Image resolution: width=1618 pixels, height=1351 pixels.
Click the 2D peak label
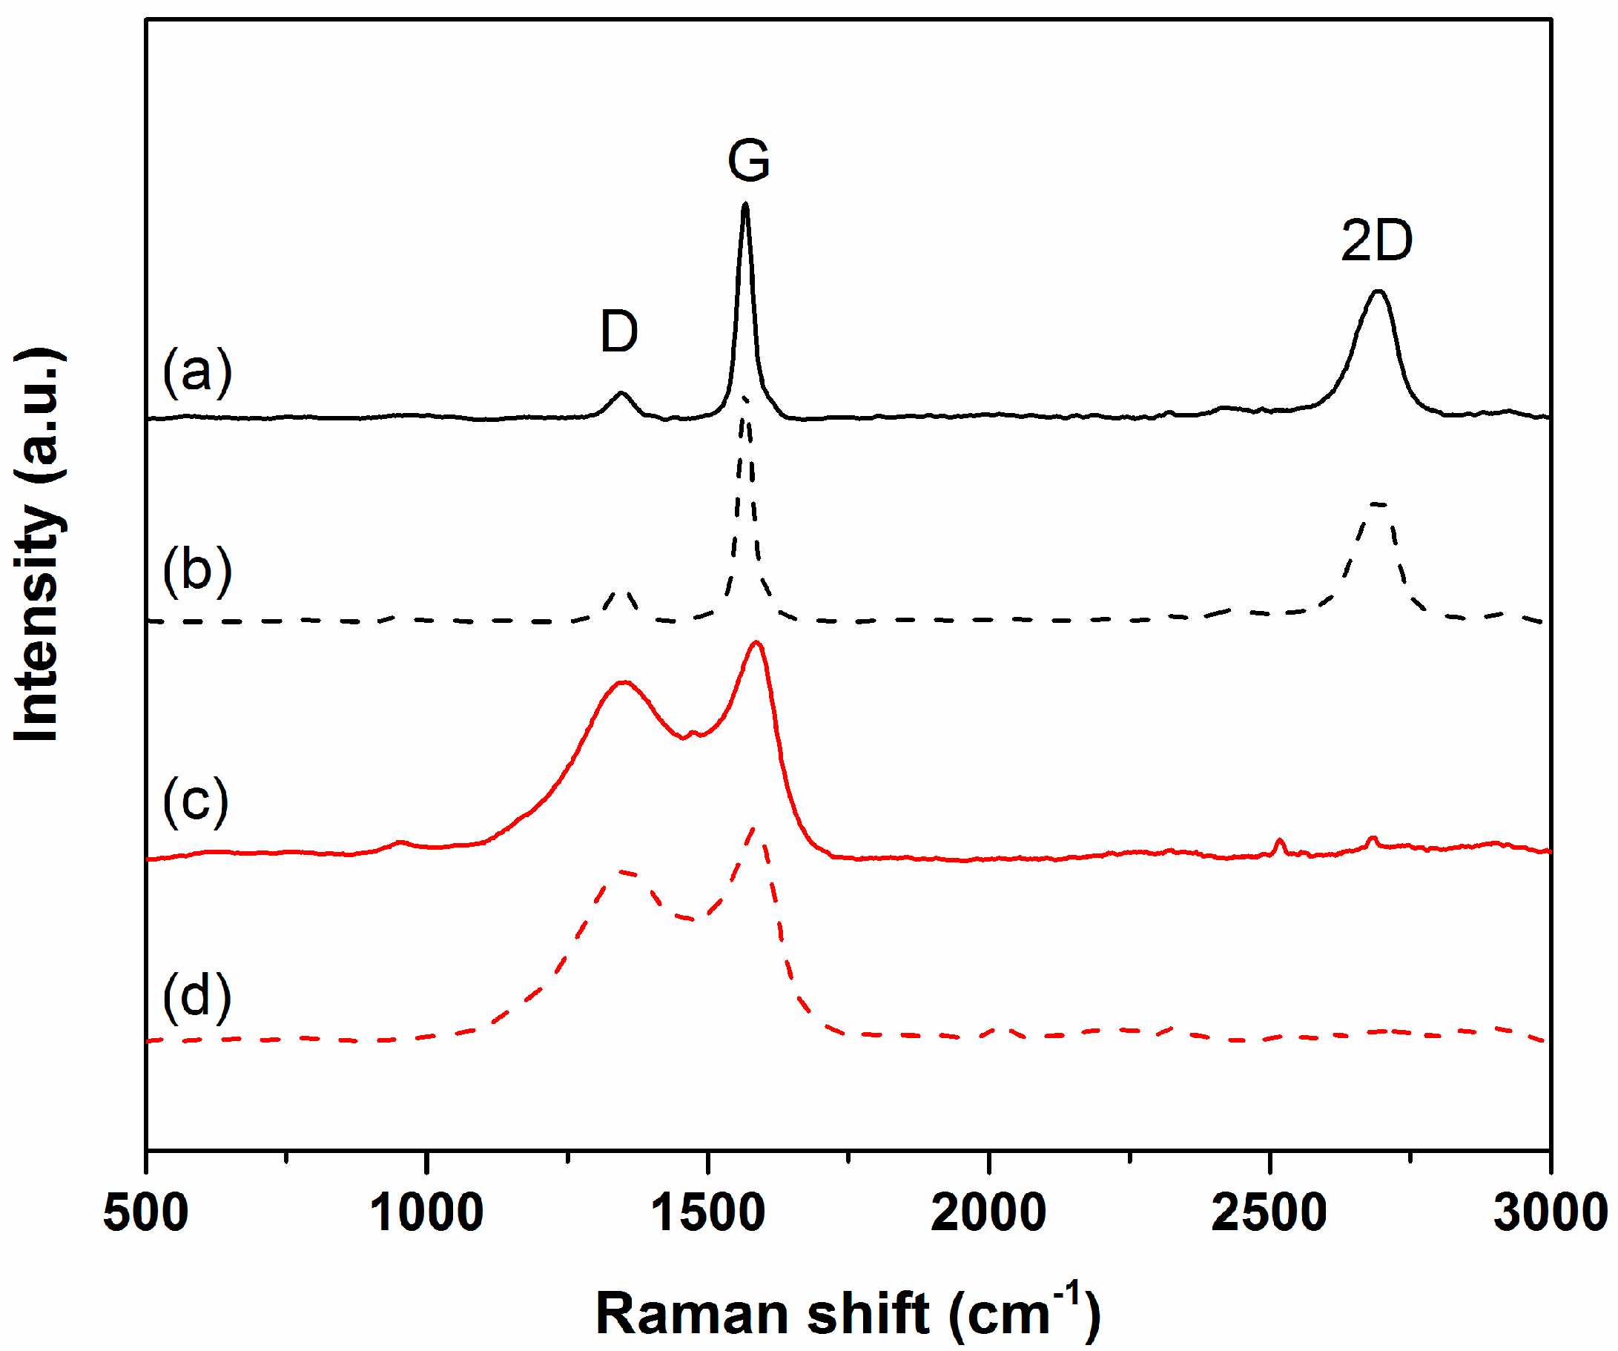(1377, 241)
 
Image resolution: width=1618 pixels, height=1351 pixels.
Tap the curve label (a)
(197, 372)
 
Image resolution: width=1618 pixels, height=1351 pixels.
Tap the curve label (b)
(197, 571)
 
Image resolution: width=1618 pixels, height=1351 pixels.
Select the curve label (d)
(197, 997)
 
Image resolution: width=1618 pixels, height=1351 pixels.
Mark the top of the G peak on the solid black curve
(745, 205)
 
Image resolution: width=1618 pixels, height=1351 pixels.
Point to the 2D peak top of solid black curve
(1378, 291)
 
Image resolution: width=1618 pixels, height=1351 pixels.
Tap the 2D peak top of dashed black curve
(1378, 504)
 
